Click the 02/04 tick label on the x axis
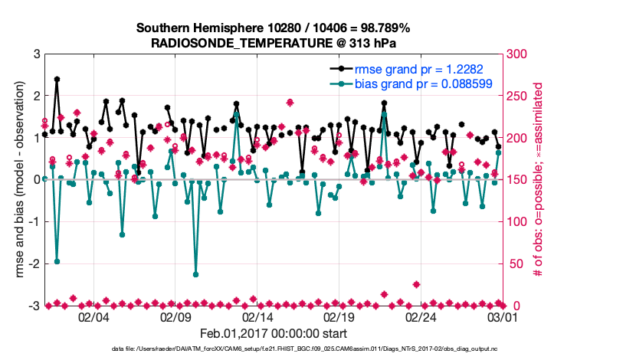click(93, 317)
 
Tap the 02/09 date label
click(175, 317)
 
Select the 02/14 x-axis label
click(257, 317)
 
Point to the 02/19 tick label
click(339, 317)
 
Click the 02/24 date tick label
click(421, 317)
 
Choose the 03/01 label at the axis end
click(503, 317)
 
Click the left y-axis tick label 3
click(36, 54)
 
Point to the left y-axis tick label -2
click(34, 263)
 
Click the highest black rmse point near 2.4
click(57, 79)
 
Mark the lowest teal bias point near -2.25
click(196, 274)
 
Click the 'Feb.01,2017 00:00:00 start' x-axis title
click(274, 334)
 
